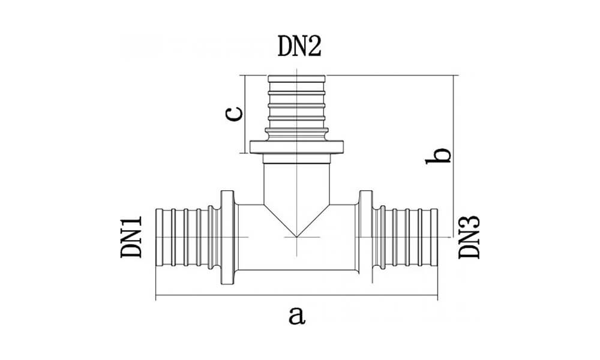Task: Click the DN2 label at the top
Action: (x=299, y=46)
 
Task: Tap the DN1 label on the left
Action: (x=132, y=238)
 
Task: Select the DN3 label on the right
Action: (x=470, y=238)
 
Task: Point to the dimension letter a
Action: (x=296, y=314)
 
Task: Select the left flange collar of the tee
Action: (x=227, y=238)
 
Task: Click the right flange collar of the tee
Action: (x=365, y=238)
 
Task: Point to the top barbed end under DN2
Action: (x=296, y=105)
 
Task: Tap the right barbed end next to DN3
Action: (x=405, y=238)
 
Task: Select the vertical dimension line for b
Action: (x=454, y=180)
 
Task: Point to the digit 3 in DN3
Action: (x=470, y=224)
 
